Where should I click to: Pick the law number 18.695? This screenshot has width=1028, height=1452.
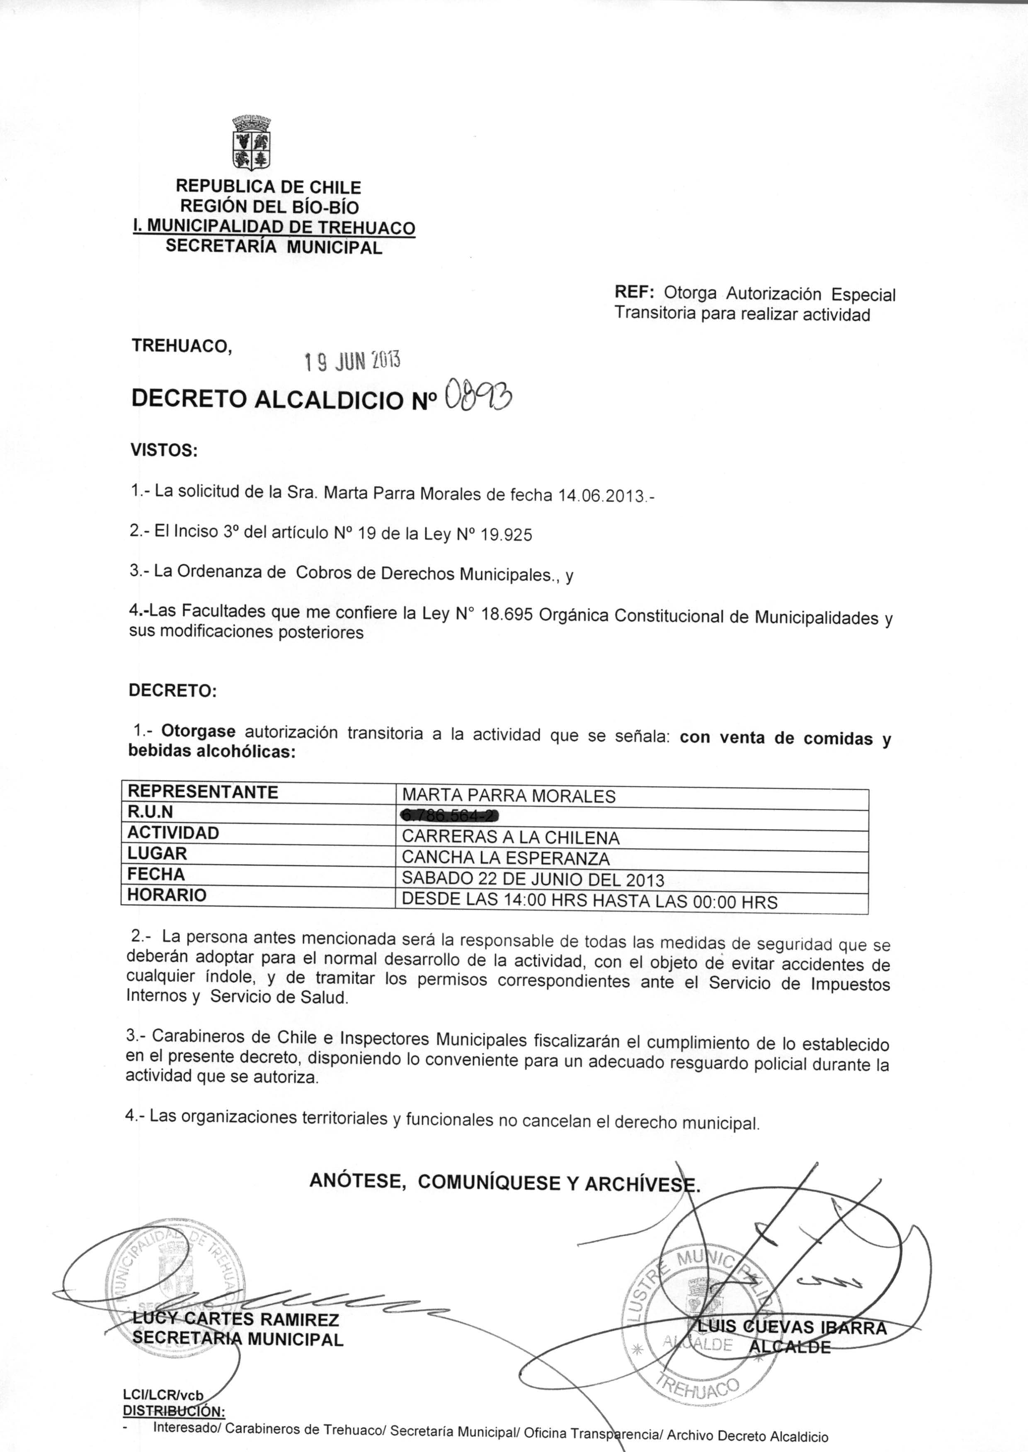pyautogui.click(x=507, y=615)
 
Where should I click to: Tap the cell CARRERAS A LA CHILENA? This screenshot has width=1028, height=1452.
pyautogui.click(x=510, y=837)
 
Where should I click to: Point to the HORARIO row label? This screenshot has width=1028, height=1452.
pyautogui.click(x=167, y=895)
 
